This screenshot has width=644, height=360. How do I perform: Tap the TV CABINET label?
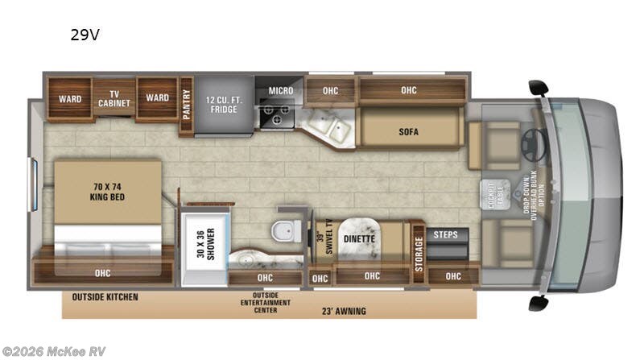(114, 98)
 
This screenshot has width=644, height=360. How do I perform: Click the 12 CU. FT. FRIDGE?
(223, 104)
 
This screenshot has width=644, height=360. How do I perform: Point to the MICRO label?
(280, 91)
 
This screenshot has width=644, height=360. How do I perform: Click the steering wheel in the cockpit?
(533, 143)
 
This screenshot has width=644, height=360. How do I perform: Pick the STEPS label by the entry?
(445, 234)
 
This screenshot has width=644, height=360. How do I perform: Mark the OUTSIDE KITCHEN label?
(105, 297)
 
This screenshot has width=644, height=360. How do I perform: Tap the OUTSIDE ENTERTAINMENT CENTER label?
(254, 303)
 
